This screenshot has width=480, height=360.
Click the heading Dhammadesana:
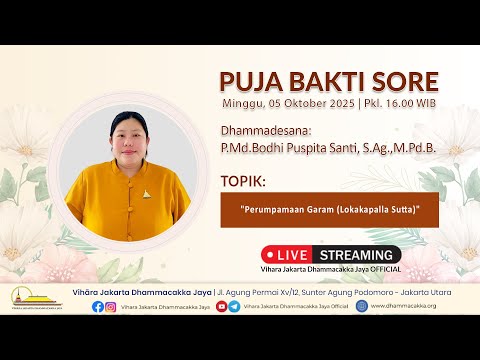point(258,131)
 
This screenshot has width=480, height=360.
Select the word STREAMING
point(359,254)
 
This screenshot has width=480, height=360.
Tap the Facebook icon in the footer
point(98,306)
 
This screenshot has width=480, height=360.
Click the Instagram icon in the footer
point(111,306)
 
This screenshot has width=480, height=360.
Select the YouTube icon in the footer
point(221,306)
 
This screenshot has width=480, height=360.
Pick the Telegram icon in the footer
point(234,306)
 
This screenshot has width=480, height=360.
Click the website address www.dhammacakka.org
point(413,306)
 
